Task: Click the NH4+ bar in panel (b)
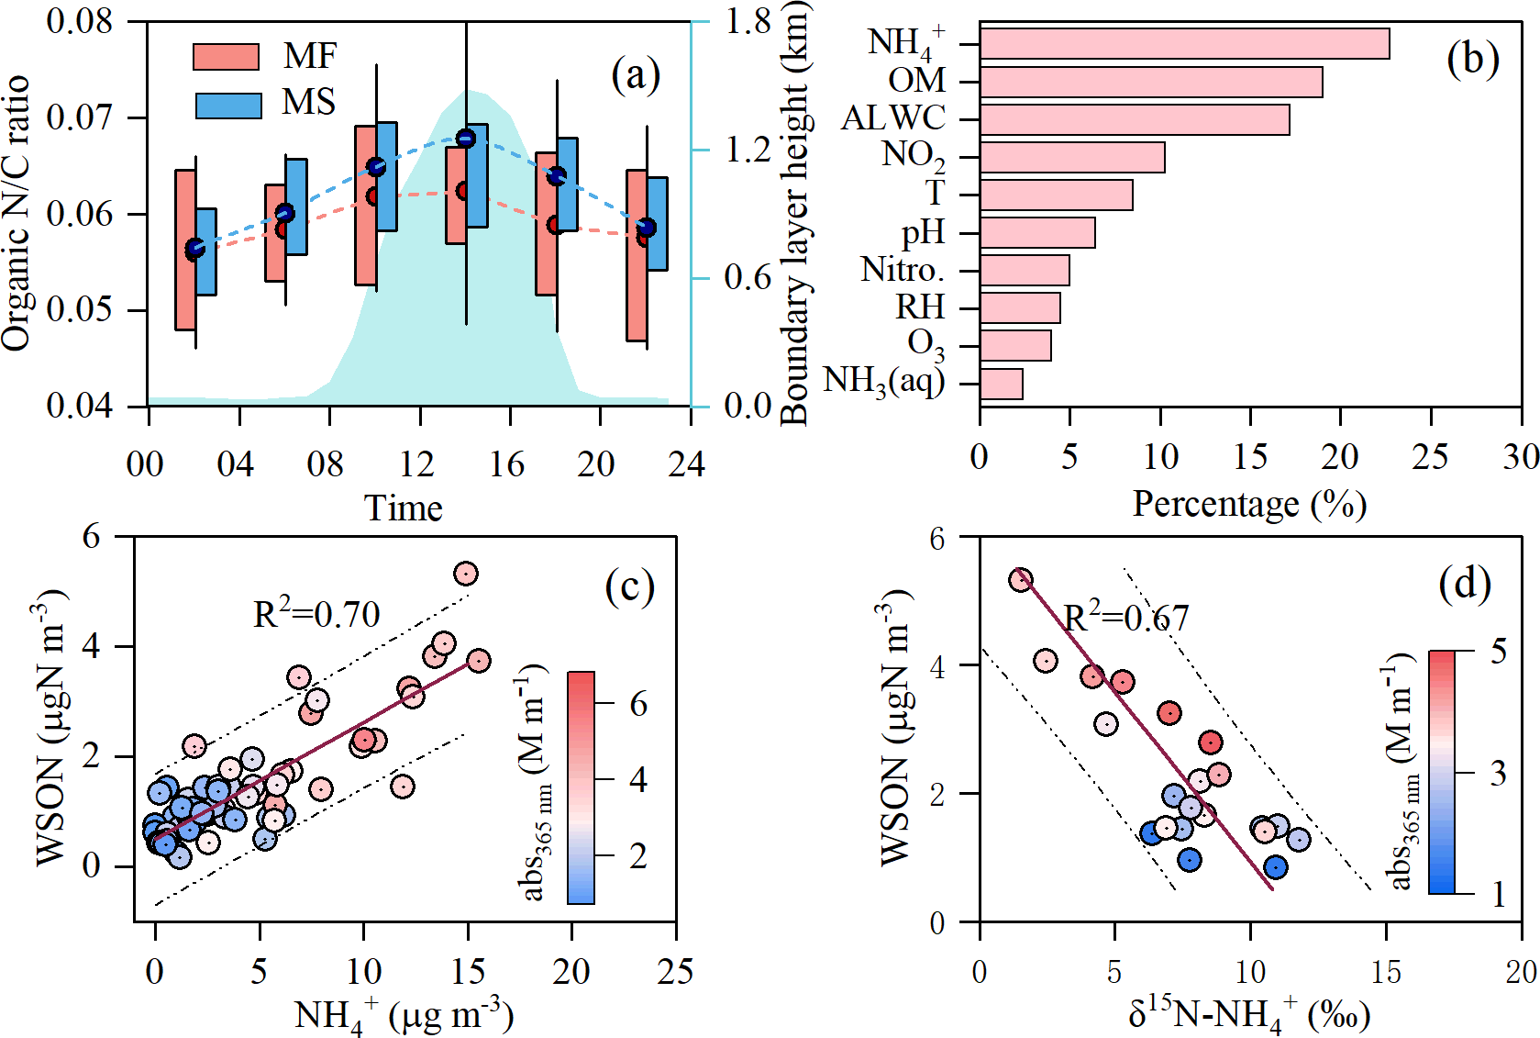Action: tap(1183, 43)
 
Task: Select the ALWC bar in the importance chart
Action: tap(1134, 119)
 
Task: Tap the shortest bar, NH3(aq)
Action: tap(1001, 384)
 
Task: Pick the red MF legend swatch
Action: tap(226, 57)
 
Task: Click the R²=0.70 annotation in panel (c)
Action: tap(316, 614)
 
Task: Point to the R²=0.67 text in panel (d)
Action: tap(1125, 618)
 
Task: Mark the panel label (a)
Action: tap(635, 75)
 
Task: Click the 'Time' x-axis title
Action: tap(404, 508)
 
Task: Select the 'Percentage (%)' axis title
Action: tap(1249, 504)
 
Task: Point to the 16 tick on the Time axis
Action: tap(506, 464)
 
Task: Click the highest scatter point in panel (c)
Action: tap(466, 574)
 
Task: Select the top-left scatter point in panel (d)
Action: tap(1021, 580)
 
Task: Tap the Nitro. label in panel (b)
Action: tap(903, 270)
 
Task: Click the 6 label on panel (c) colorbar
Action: tap(638, 704)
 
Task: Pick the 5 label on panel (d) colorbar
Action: tap(1498, 652)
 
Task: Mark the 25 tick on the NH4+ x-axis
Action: tap(675, 971)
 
